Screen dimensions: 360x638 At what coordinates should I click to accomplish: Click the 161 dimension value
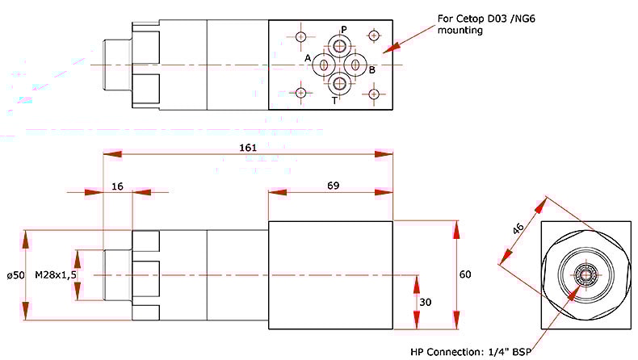pyautogui.click(x=248, y=148)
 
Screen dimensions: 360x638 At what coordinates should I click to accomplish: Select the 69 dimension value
pyautogui.click(x=333, y=186)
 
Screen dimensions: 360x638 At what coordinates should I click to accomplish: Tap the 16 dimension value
pyautogui.click(x=118, y=186)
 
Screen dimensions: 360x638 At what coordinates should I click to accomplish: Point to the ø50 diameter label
pyautogui.click(x=15, y=275)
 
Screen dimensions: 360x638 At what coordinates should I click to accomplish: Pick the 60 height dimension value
pyautogui.click(x=465, y=274)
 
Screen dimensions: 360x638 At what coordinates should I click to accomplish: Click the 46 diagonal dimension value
pyautogui.click(x=518, y=229)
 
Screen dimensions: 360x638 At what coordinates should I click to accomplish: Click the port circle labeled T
pyautogui.click(x=338, y=82)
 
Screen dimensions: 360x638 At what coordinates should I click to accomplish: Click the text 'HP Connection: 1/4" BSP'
pyautogui.click(x=461, y=350)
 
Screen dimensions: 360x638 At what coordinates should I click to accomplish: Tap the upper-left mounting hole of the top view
pyautogui.click(x=302, y=36)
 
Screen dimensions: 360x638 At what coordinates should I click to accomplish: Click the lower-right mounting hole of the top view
pyautogui.click(x=373, y=94)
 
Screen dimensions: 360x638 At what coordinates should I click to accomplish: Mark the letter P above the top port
pyautogui.click(x=343, y=30)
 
